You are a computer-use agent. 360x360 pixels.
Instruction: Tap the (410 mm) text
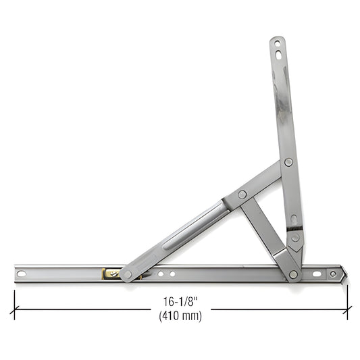click(x=179, y=315)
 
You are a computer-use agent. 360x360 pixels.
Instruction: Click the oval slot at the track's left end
click(x=21, y=274)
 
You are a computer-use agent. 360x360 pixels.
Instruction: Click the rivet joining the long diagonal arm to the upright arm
click(x=288, y=162)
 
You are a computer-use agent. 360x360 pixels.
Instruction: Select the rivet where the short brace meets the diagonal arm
click(x=242, y=195)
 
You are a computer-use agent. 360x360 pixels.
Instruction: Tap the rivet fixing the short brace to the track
click(x=293, y=274)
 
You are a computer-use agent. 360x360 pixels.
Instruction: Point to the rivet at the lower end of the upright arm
click(x=295, y=238)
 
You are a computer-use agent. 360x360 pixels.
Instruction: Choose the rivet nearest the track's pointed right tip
click(x=332, y=274)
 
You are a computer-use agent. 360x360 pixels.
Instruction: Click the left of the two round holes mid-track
click(x=160, y=274)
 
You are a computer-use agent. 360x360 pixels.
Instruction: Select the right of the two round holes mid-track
click(x=172, y=274)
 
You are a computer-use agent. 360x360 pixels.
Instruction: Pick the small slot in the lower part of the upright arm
click(x=293, y=220)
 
